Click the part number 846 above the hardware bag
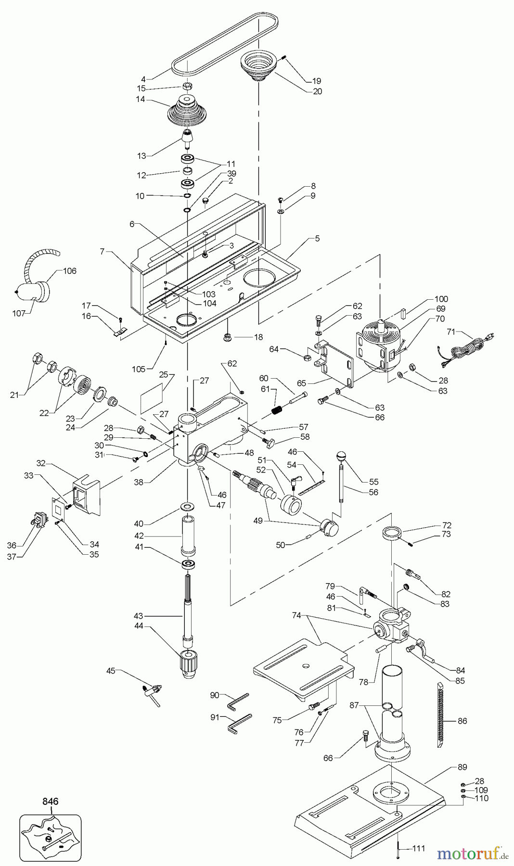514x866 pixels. tap(50, 802)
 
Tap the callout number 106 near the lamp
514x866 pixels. tap(70, 271)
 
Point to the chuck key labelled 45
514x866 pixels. tap(153, 691)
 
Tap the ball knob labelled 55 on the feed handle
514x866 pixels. tap(341, 455)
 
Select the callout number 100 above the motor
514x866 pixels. tap(441, 299)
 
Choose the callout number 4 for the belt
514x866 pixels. tap(143, 79)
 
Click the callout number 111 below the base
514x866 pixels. tap(419, 848)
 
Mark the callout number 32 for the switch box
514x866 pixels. tap(41, 464)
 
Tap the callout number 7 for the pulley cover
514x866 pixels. tap(102, 252)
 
